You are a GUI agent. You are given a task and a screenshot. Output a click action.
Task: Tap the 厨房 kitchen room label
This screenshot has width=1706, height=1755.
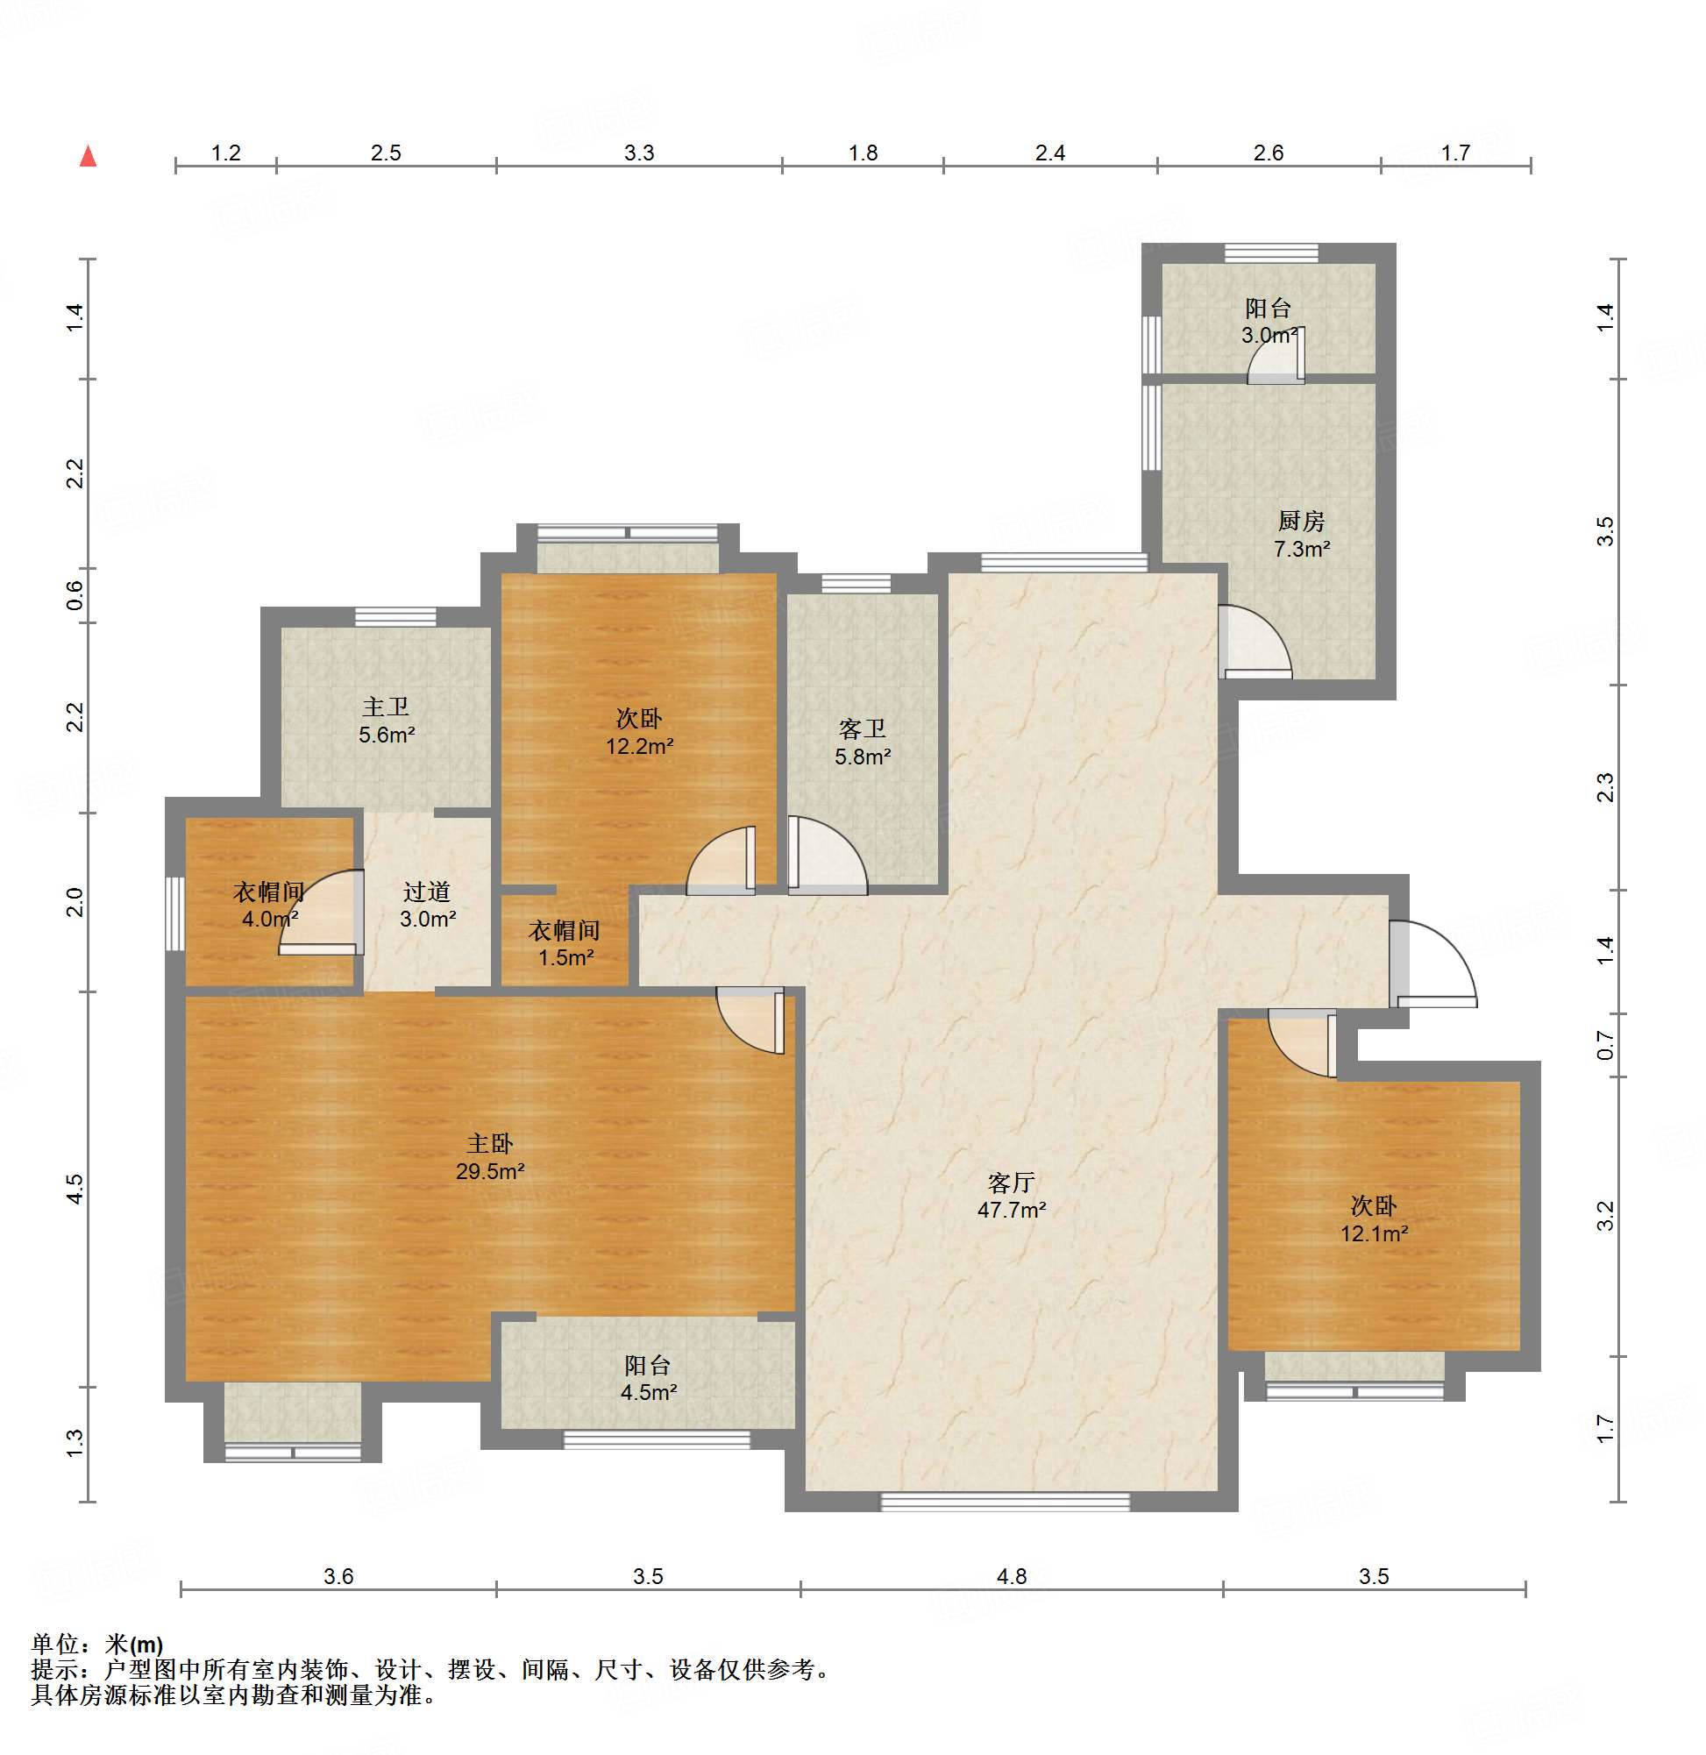tap(1301, 521)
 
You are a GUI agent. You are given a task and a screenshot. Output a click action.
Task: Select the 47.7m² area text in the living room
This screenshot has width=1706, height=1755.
tap(1012, 1211)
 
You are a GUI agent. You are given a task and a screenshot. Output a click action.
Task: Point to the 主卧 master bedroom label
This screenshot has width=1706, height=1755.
tap(490, 1143)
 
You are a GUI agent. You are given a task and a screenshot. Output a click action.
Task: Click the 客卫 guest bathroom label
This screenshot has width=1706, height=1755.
tap(862, 729)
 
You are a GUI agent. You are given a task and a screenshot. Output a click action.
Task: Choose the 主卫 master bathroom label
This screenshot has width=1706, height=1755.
tap(387, 707)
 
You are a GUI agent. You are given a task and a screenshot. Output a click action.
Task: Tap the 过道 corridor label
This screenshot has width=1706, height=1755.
tap(426, 892)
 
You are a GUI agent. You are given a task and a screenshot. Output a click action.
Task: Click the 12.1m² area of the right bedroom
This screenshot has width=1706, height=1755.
tap(1374, 1233)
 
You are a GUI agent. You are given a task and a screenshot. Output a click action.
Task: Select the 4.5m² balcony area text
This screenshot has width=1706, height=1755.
tap(649, 1392)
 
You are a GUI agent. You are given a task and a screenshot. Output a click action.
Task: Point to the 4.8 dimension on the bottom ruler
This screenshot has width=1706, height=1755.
tap(1012, 1576)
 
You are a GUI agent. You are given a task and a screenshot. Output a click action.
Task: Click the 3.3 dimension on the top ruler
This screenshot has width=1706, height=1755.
tap(639, 153)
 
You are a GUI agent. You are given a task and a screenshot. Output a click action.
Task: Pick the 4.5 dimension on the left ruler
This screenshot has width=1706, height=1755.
tap(75, 1189)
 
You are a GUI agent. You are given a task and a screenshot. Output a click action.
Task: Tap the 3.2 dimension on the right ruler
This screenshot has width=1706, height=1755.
tap(1605, 1216)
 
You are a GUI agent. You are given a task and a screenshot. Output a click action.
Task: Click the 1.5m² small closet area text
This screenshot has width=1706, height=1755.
tap(566, 957)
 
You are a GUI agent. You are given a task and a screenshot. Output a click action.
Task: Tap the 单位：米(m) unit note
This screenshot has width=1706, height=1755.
tap(96, 1644)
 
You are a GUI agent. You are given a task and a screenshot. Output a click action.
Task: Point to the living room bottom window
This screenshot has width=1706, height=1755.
tap(1006, 1503)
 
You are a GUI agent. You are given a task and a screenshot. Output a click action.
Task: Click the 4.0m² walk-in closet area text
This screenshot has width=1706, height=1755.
tap(270, 920)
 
